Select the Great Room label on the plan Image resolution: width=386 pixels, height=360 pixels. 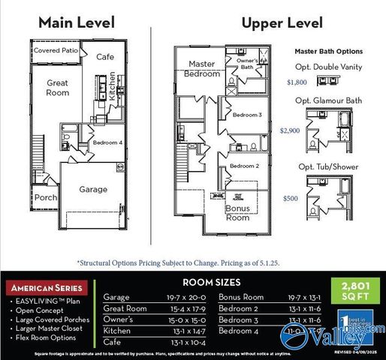pyautogui.click(x=57, y=88)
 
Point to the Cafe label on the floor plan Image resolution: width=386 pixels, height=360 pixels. pyautogui.click(x=106, y=56)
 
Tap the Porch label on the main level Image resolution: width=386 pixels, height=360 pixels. pyautogui.click(x=45, y=198)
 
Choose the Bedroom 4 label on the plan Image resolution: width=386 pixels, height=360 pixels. pyautogui.click(x=107, y=142)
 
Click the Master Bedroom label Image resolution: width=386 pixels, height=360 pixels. pyautogui.click(x=202, y=69)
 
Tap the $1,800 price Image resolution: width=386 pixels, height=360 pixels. pyautogui.click(x=297, y=84)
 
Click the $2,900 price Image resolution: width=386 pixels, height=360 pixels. pyautogui.click(x=290, y=130)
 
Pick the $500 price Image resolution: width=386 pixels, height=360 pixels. pyautogui.click(x=291, y=198)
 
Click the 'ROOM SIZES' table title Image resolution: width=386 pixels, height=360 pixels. pyautogui.click(x=212, y=282)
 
